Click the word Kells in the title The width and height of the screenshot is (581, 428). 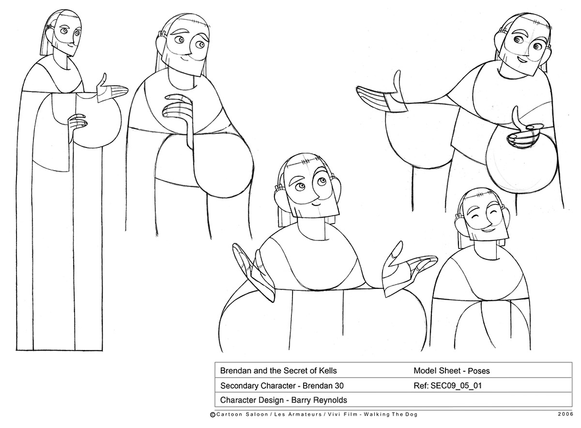pos(327,371)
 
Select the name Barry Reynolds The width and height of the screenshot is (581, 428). pos(319,400)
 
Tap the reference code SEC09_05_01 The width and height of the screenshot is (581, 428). pos(456,385)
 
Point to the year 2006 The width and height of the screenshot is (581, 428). pos(565,414)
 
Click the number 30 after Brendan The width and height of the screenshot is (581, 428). pos(339,386)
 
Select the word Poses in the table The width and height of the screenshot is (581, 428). pos(478,371)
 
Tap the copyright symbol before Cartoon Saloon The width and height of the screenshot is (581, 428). pos(213,415)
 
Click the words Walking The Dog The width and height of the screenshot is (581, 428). pos(390,414)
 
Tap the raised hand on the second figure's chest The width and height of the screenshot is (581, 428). pos(178,111)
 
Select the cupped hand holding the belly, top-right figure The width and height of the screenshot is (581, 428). pos(521,131)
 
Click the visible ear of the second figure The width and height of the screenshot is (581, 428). pos(160,42)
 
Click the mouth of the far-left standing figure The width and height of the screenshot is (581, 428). pos(71,46)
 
